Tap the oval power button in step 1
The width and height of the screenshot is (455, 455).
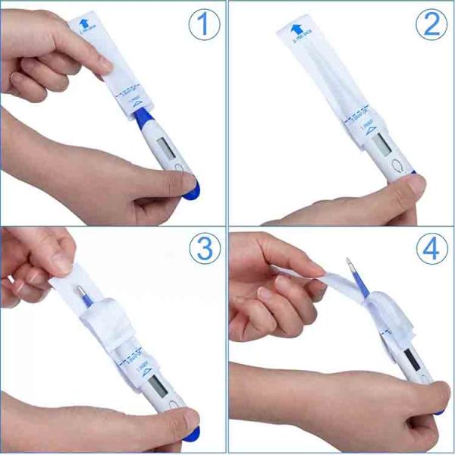[x=179, y=168]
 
